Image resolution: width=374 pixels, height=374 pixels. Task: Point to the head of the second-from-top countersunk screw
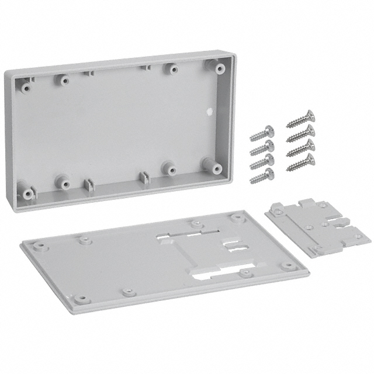coord(310,129)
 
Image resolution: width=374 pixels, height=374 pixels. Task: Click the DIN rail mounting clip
coord(317,227)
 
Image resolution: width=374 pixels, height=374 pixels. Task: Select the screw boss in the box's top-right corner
coord(220,68)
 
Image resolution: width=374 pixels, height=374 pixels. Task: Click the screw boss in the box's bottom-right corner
coord(209,163)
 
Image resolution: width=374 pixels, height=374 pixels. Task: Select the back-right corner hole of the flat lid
coord(236,217)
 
